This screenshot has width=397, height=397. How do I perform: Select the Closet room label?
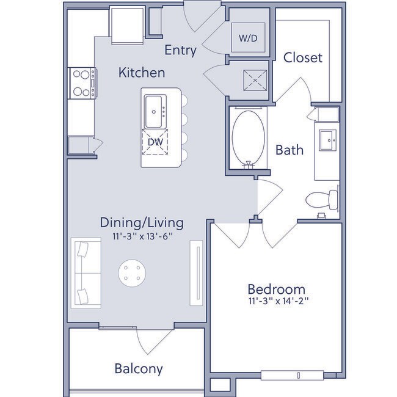pos(303,58)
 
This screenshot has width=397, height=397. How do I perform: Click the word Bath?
pos(290,150)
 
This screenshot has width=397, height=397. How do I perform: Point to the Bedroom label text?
pos(276,288)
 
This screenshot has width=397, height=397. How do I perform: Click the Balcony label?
pos(139,368)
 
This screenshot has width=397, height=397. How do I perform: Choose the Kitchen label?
pos(142,73)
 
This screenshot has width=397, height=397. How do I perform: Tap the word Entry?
pos(181,51)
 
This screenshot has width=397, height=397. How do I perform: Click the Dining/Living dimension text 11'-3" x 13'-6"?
pos(142,236)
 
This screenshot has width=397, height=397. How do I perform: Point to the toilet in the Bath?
pos(322,198)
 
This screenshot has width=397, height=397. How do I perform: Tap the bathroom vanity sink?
pos(327,140)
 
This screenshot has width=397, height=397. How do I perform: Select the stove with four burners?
pos(81,83)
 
